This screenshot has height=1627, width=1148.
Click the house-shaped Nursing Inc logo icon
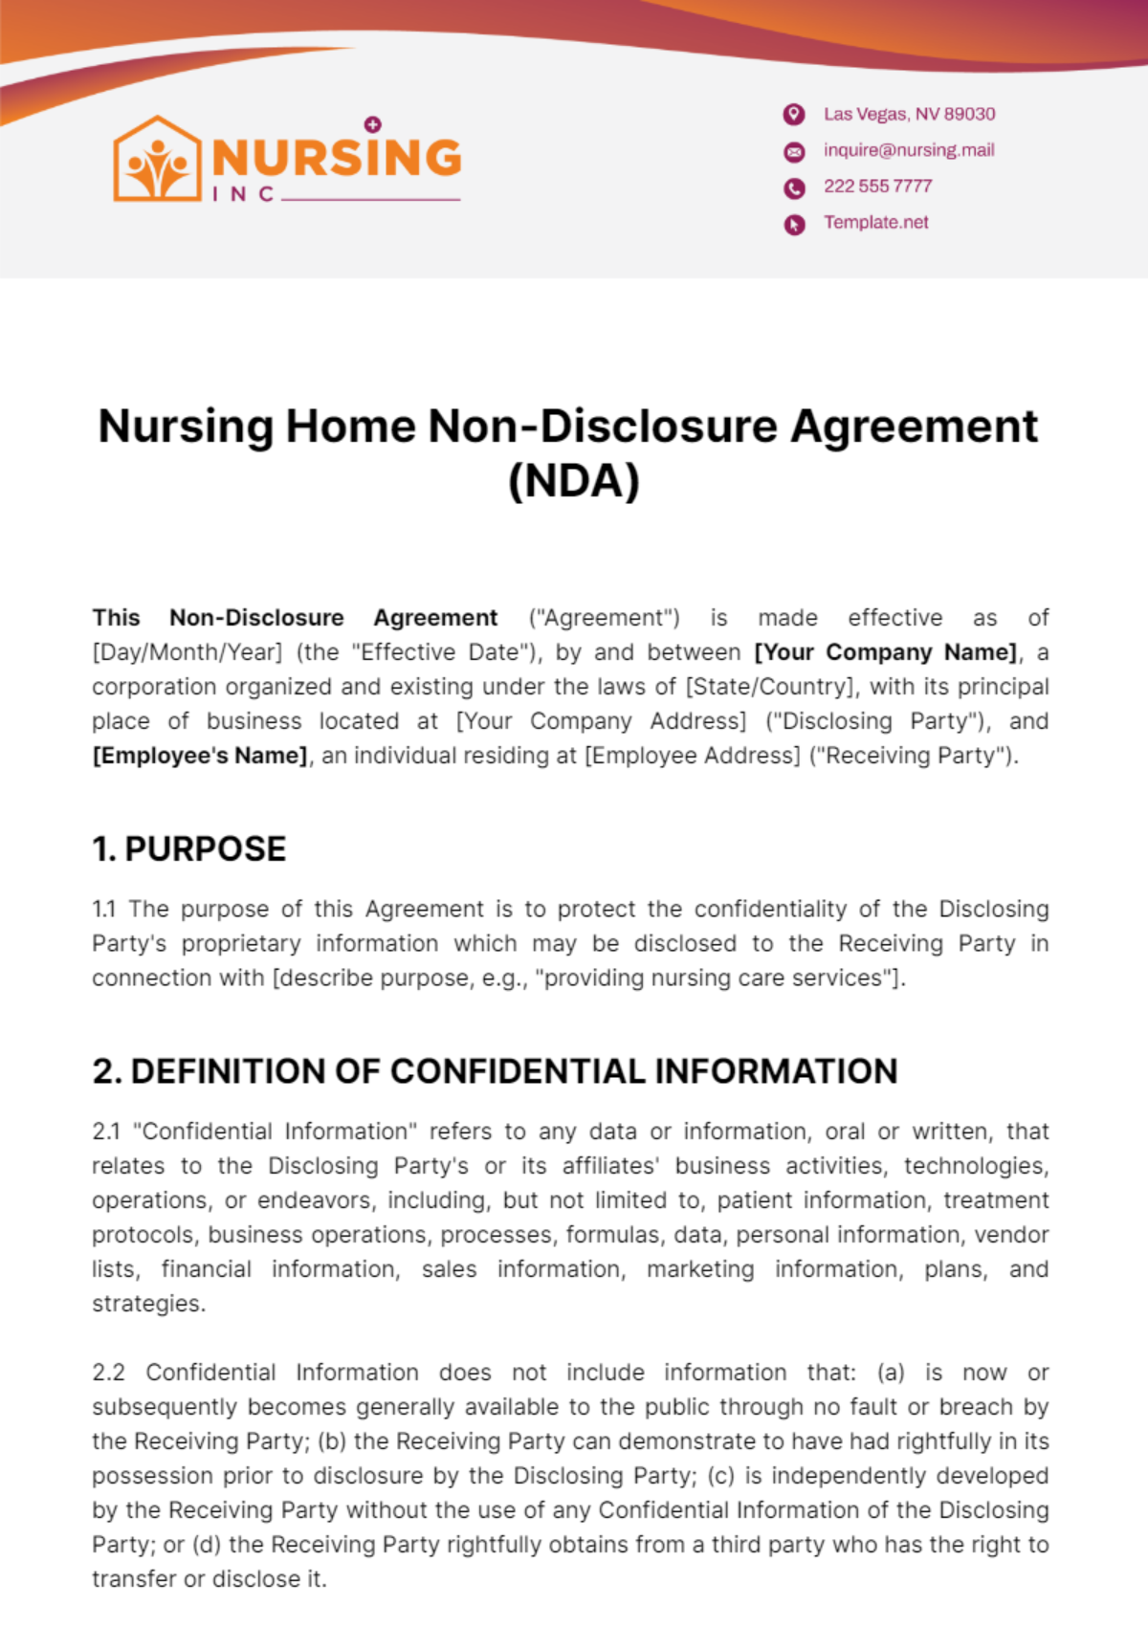pos(157,160)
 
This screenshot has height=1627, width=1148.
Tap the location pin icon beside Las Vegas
pos(794,115)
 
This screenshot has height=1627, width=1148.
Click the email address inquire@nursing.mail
pos(909,150)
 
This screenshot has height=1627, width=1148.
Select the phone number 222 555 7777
pos(877,187)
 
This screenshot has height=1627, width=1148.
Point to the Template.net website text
pos(875,223)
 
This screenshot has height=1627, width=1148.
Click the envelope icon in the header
pos(794,151)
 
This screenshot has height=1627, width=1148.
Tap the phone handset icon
pos(794,187)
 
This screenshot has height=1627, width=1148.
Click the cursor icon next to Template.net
pos(794,224)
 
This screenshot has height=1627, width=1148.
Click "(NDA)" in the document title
pos(573,480)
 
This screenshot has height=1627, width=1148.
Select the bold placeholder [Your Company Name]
pos(886,652)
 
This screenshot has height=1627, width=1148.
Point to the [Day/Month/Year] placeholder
pos(188,652)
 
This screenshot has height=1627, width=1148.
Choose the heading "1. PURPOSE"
pos(189,849)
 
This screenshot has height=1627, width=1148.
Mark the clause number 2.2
pos(108,1373)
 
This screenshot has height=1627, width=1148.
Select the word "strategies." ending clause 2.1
pos(148,1304)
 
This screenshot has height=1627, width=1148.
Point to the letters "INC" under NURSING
pos(243,194)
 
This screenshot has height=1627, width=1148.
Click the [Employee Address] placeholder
pos(693,756)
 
